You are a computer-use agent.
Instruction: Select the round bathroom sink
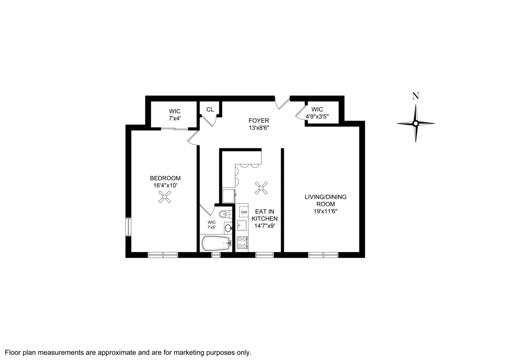click(228, 228)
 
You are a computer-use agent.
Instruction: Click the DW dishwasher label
click(244, 212)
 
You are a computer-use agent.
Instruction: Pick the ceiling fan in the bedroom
click(164, 197)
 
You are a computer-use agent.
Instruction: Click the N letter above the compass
click(415, 96)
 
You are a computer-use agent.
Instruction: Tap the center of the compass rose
click(416, 124)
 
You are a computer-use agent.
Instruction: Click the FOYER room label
click(259, 121)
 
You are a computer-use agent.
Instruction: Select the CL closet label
click(210, 109)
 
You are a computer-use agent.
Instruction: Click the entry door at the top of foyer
click(282, 102)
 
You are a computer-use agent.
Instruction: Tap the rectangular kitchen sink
click(242, 225)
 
